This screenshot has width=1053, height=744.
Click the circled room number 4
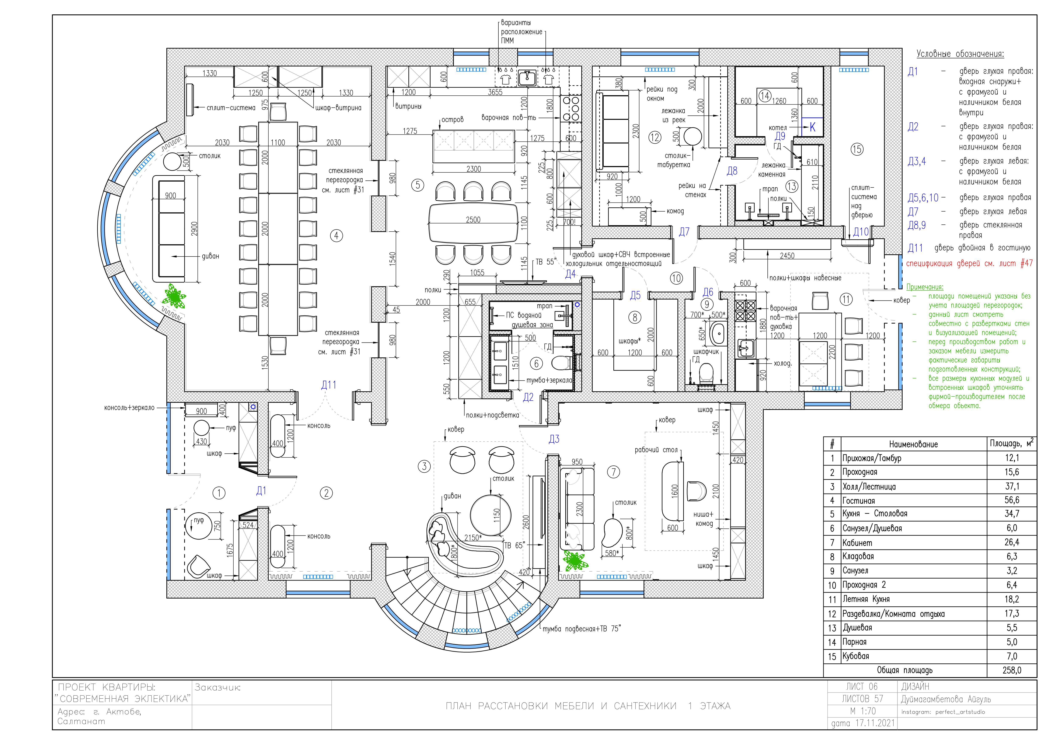(x=337, y=236)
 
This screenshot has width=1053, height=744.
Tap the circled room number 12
(x=655, y=137)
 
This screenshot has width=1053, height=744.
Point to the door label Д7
(x=684, y=232)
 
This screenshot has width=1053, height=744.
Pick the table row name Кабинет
(x=857, y=543)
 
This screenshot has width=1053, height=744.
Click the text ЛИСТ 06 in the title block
(x=861, y=686)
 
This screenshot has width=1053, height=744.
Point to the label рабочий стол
(x=656, y=450)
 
